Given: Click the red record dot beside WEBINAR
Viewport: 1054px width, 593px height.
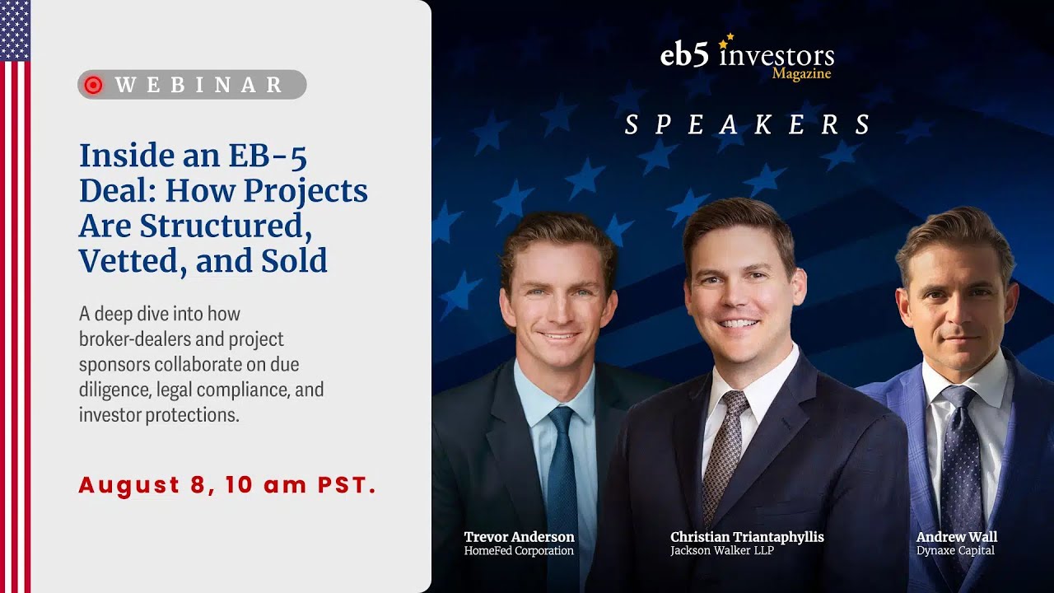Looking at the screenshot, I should pos(93,85).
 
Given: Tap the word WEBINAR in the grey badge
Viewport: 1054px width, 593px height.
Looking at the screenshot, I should pos(199,85).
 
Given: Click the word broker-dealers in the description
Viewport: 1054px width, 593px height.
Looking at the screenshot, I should pos(132,339).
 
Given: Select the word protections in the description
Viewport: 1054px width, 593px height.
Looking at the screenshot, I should pos(195,415).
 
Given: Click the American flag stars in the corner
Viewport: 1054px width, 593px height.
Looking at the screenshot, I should pos(15,30).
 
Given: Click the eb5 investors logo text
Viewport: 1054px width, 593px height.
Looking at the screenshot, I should pos(746,55).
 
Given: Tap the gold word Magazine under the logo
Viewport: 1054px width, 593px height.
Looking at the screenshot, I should pos(801,74).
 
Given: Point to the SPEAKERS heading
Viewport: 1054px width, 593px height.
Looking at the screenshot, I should pos(748,125).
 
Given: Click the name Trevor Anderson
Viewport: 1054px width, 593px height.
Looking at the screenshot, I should pos(519,537).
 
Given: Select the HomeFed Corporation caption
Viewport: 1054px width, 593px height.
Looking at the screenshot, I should pos(519,551).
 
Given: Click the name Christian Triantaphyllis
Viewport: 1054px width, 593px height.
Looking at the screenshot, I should pos(747,537).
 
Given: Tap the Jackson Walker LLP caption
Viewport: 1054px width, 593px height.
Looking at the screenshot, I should pos(722,551).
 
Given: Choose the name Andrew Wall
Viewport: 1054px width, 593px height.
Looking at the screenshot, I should pos(956,537).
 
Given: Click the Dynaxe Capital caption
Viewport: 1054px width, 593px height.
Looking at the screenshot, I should pos(955,551).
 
